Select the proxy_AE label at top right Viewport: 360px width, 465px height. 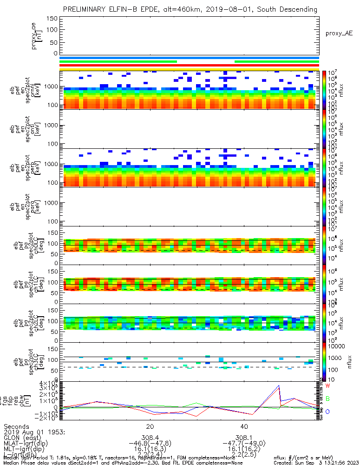[x=339, y=33]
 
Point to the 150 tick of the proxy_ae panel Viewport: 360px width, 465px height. [x=52, y=19]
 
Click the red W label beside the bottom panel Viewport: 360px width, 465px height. [x=327, y=386]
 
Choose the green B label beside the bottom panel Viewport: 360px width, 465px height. [x=327, y=399]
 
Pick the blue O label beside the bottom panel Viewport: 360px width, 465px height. [x=327, y=412]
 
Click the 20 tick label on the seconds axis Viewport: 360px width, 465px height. [x=150, y=426]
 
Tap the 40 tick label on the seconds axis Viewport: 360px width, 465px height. [x=244, y=426]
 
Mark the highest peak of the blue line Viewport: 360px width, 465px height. [x=278, y=385]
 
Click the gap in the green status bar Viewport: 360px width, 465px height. [x=206, y=61]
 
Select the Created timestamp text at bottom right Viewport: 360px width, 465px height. [x=316, y=463]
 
